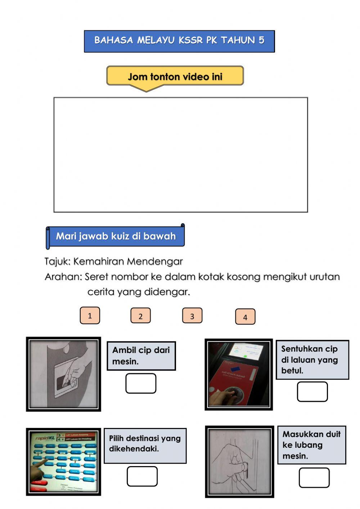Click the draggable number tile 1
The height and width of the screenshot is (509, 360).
(90, 316)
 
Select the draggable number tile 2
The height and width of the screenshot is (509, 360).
(140, 316)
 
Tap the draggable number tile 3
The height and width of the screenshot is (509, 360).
(192, 316)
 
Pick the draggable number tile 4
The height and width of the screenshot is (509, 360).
(245, 317)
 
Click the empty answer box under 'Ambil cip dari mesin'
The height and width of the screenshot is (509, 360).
(141, 383)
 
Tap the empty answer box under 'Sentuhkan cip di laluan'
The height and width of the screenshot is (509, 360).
(312, 392)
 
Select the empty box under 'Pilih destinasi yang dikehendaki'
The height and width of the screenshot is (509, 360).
(142, 476)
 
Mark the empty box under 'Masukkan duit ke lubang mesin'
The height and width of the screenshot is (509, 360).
(314, 478)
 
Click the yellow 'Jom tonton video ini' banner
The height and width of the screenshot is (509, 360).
(175, 76)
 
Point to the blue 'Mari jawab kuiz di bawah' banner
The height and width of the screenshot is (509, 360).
(116, 236)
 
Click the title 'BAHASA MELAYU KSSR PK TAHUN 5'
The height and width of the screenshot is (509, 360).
(179, 40)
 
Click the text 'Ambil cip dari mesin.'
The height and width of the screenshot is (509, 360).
(141, 356)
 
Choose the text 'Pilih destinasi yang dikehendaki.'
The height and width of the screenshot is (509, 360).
(145, 443)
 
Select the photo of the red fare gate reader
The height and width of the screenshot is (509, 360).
(239, 374)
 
